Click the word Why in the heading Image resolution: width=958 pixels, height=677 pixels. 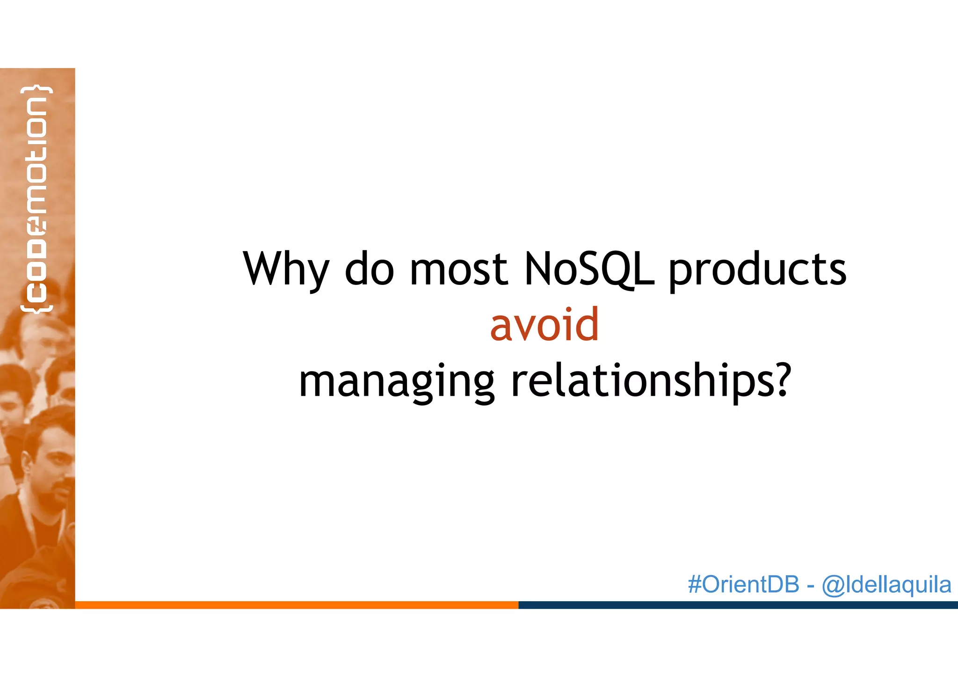pos(286,270)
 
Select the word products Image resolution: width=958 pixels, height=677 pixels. pos(757,270)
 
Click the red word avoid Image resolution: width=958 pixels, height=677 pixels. pos(544,325)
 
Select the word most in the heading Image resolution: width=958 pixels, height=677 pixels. pos(459,270)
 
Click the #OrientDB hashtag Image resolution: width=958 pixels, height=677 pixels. pos(743,584)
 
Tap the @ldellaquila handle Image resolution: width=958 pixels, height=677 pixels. pos(886,585)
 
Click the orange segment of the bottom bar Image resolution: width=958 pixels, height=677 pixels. pos(297,605)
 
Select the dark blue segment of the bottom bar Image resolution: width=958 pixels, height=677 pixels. pos(738,605)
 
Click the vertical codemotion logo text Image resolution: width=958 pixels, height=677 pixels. pos(36,199)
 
